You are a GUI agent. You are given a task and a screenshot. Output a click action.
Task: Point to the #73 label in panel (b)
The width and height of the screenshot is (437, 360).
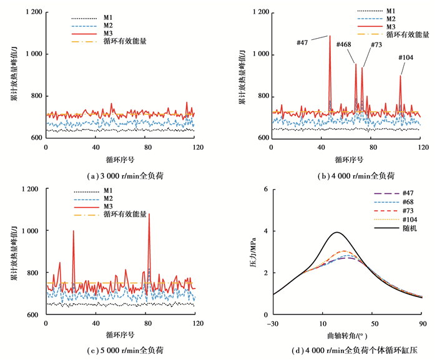pyautogui.click(x=376, y=45)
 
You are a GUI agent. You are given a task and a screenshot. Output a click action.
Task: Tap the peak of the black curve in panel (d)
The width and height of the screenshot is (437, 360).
pyautogui.click(x=337, y=232)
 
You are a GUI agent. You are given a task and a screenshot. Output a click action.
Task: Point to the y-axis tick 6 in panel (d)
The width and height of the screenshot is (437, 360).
pyautogui.click(x=265, y=189)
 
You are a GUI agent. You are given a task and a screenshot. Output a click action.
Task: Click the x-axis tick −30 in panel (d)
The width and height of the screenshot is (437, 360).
pyautogui.click(x=272, y=324)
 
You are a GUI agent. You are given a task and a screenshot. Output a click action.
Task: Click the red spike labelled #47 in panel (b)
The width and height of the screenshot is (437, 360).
pyautogui.click(x=330, y=37)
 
